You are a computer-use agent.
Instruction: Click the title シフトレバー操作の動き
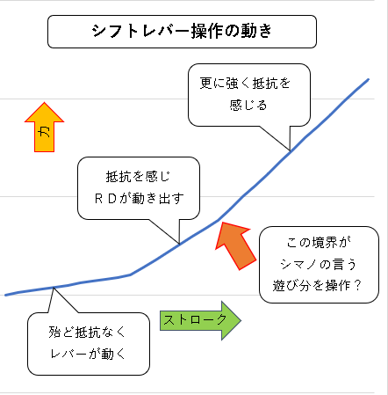pos(182,31)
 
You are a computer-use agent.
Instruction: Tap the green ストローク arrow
pos(200,320)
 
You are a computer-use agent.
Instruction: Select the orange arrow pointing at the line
pos(235,245)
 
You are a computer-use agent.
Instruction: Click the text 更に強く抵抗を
pos(245,84)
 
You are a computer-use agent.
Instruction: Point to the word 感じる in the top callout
pos(248,105)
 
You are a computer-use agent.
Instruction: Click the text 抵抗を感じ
pos(138,177)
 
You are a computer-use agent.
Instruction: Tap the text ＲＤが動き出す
pos(140,199)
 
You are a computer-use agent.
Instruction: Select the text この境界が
pos(319,243)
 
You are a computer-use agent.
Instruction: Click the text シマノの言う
pos(319,264)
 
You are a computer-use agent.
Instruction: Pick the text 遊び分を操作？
pos(318,285)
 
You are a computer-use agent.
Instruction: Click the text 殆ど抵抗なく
pos(87,333)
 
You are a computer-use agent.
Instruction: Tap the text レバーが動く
pos(88,354)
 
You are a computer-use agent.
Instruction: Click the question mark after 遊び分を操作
pos(357,285)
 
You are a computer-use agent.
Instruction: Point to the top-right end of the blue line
pos(368,79)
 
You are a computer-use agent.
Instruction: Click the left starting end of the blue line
pos(5,295)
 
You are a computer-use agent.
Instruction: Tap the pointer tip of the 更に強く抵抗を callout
pos(290,150)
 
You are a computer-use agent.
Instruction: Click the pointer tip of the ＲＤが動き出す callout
pos(179,244)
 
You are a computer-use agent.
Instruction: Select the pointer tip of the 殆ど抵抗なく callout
pos(54,288)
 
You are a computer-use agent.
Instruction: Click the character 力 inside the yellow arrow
pos(44,132)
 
